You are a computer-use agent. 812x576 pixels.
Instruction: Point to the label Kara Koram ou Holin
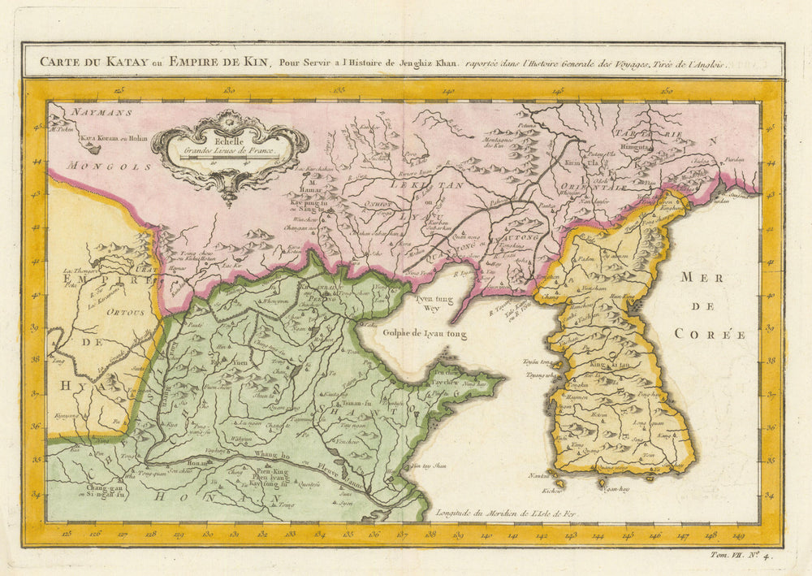(114, 139)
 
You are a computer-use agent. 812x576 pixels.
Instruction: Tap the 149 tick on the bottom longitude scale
(738, 535)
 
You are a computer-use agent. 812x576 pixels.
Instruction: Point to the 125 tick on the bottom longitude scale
(67, 535)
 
